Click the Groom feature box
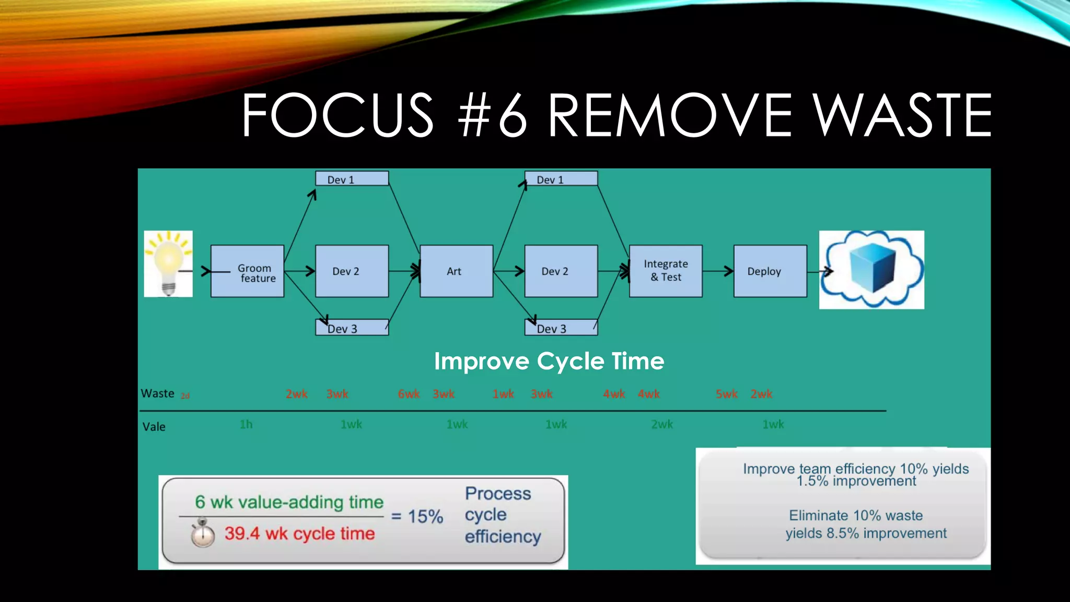(247, 271)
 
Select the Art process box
(456, 271)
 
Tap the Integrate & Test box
(665, 271)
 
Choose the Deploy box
(770, 271)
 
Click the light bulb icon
(168, 263)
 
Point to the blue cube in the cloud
(872, 268)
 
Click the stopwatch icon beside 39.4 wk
(202, 533)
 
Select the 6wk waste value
(409, 394)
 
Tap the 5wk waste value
(726, 394)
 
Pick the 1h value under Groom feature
(246, 424)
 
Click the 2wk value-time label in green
(662, 424)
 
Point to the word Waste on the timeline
(157, 393)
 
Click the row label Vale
(154, 427)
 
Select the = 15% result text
(417, 516)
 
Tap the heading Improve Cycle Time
(549, 361)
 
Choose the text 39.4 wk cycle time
(299, 534)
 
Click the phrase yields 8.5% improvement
(866, 533)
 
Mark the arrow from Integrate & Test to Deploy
(718, 271)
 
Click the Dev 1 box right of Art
(561, 179)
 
